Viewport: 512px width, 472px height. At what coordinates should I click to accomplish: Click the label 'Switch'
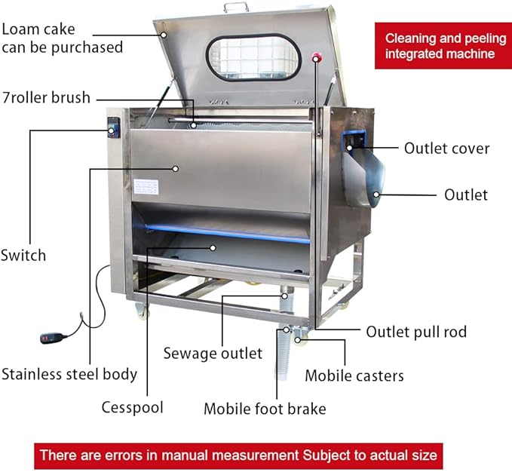(23, 255)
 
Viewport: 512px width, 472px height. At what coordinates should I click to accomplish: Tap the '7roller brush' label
(46, 97)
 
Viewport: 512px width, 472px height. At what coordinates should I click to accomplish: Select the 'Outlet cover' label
(446, 149)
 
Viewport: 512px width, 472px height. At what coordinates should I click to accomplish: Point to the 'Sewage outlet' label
(213, 353)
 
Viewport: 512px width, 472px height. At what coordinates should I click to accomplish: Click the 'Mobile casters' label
(354, 375)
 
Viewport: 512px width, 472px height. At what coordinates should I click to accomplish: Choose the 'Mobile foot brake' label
(265, 409)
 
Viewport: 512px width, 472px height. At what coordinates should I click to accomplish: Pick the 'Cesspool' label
(133, 407)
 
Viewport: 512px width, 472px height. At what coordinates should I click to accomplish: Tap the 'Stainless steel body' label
(69, 373)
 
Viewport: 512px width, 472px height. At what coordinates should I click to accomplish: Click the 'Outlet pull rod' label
(416, 332)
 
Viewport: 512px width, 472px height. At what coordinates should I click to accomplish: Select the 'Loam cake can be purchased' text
(62, 38)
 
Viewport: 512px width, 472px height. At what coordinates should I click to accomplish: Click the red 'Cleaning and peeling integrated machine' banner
(440, 46)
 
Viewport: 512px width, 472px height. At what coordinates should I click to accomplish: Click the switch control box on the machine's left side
(113, 128)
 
